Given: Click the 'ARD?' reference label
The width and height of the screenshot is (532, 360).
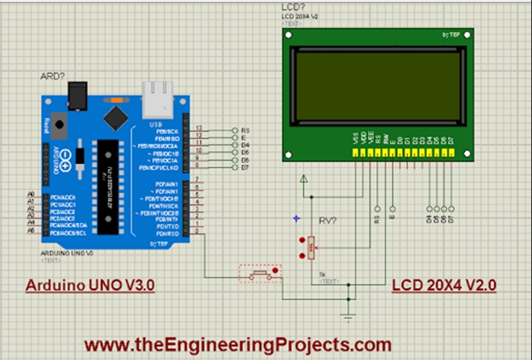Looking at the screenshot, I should click(51, 76).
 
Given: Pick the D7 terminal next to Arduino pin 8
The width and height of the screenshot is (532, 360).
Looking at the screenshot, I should click(236, 168).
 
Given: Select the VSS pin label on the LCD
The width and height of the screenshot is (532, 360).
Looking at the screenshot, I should click(356, 138).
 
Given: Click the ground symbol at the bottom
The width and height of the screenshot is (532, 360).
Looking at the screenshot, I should click(348, 317).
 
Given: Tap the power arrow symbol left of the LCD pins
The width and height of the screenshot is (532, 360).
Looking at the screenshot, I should click(302, 180).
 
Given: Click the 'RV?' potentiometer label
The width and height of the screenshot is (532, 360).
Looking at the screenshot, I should click(327, 222).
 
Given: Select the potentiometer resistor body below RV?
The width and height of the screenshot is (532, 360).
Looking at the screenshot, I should click(311, 246).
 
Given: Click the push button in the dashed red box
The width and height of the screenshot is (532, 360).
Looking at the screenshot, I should click(260, 274).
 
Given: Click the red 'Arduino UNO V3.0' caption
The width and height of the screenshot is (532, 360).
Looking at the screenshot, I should click(90, 285).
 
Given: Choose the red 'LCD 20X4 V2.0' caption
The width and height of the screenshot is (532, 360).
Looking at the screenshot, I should click(444, 285).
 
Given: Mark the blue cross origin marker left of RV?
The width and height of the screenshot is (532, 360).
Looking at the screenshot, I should click(296, 219).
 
